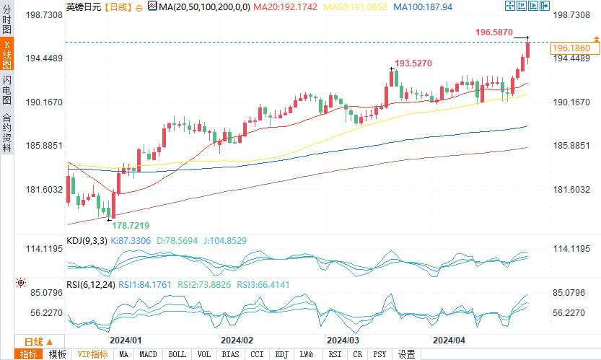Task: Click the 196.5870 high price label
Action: click(x=494, y=32)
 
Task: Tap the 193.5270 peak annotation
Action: click(x=413, y=63)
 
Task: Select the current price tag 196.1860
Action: click(x=575, y=48)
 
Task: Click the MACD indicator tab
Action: click(x=148, y=354)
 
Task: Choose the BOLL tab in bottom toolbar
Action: click(x=177, y=354)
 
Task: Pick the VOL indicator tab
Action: click(x=204, y=354)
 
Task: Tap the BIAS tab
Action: click(x=231, y=354)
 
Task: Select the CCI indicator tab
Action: click(x=257, y=354)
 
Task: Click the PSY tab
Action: click(x=380, y=354)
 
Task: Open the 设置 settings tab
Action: click(x=407, y=354)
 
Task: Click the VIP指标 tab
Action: click(x=92, y=354)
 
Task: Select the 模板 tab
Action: click(x=58, y=354)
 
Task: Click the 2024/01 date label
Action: click(x=125, y=339)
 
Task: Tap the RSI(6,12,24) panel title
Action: click(x=90, y=285)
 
